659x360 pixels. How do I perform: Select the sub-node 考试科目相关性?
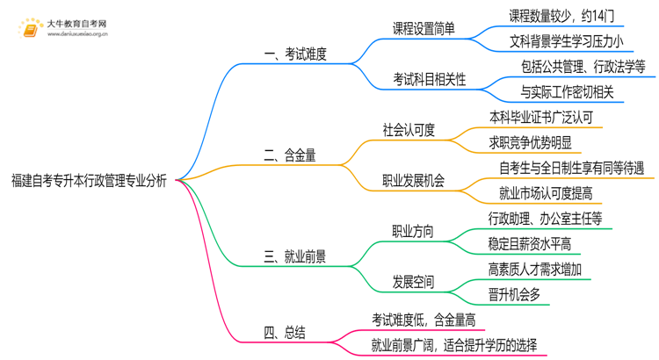point(430,79)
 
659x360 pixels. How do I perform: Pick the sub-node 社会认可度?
point(409,130)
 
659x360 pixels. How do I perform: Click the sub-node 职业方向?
point(412,231)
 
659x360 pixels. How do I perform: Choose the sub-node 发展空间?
point(412,282)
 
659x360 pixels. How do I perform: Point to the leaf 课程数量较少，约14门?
point(566,16)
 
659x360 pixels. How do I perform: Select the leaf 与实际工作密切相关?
point(567,91)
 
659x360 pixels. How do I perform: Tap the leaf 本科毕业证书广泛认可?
point(547,117)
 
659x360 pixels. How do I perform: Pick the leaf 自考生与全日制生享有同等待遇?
point(571,168)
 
